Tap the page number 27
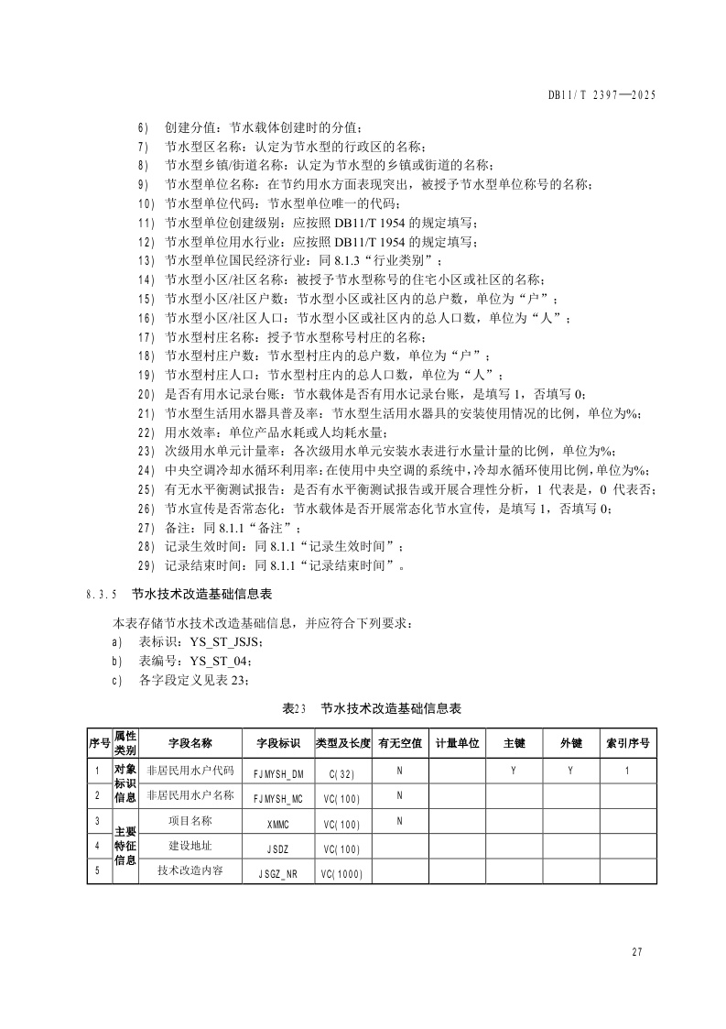click(637, 952)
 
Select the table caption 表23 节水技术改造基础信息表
click(372, 708)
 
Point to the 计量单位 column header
click(457, 743)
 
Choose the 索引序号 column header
click(627, 743)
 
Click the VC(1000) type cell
click(341, 873)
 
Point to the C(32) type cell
click(341, 773)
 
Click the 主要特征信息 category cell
click(125, 846)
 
